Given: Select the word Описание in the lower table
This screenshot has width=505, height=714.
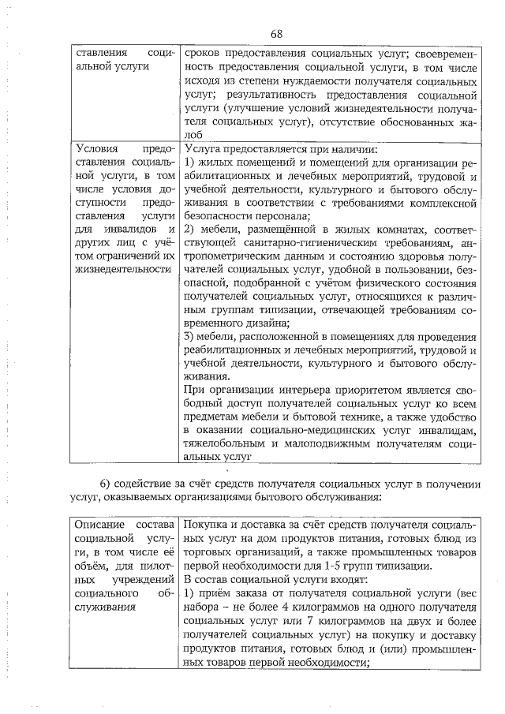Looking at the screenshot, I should (x=99, y=524).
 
